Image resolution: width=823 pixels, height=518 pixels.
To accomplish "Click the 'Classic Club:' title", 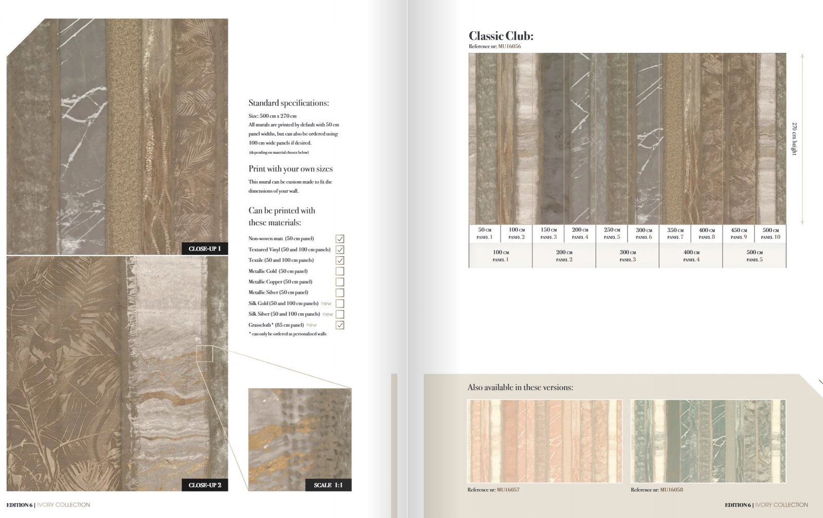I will (500, 35).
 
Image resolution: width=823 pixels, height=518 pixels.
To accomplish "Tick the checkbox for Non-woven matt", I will (339, 239).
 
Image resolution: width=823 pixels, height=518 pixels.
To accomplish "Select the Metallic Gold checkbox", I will (339, 271).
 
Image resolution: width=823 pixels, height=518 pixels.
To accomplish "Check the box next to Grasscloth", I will (339, 325).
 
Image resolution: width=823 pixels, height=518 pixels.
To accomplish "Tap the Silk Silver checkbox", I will (339, 314).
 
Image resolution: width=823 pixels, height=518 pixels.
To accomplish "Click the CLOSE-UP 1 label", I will (205, 248).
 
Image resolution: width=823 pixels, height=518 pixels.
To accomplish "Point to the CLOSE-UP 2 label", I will (205, 485).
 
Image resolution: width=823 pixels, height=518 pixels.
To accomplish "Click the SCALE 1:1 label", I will (328, 485).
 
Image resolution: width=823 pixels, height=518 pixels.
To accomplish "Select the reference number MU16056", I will (509, 46).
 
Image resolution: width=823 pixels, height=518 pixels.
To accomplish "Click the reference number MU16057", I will (508, 490).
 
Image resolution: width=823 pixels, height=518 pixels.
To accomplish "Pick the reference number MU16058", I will (671, 490).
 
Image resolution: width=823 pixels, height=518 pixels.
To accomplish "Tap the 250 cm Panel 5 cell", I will (612, 233).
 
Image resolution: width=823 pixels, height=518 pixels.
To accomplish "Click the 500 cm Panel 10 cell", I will (771, 233).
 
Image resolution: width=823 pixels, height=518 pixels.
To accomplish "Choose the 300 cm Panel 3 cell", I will (628, 256).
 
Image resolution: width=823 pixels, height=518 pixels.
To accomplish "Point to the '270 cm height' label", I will (794, 139).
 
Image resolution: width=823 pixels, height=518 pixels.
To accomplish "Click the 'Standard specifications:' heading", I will (289, 103).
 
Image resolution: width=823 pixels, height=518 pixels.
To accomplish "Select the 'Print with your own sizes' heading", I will (291, 169).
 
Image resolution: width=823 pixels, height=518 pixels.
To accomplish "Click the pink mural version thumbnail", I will (545, 441).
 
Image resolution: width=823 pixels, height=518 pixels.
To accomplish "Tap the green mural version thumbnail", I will (708, 441).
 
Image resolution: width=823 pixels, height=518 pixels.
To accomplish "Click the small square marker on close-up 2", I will (205, 353).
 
